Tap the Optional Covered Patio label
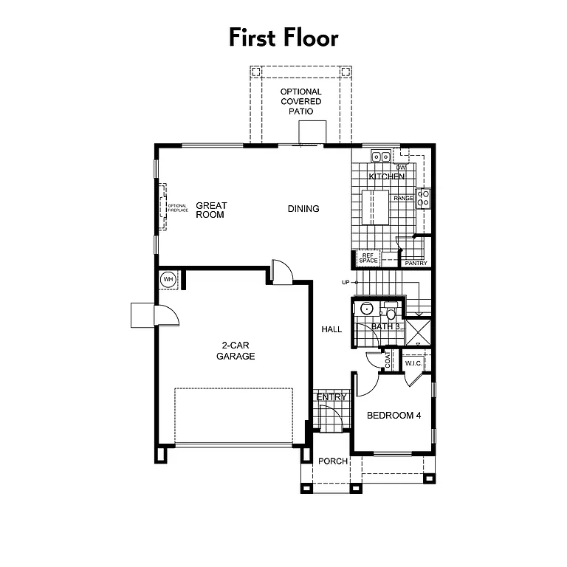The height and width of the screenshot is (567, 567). [300, 101]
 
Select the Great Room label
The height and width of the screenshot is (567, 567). [211, 210]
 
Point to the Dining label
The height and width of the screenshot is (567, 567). [303, 209]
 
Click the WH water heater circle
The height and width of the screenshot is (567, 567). [168, 279]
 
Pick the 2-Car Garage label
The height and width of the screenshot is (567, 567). [236, 351]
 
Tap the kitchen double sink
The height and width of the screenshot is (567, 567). [381, 157]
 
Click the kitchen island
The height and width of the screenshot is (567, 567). [375, 207]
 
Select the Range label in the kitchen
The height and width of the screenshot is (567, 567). [403, 199]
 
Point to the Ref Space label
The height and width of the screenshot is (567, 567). [368, 258]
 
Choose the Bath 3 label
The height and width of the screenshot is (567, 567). [386, 326]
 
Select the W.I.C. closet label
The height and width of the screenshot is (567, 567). [413, 363]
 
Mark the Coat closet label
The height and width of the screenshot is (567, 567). [388, 360]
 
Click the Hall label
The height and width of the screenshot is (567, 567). [331, 329]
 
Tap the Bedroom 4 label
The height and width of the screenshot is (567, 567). [394, 416]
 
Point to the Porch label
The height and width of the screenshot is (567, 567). [333, 461]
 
